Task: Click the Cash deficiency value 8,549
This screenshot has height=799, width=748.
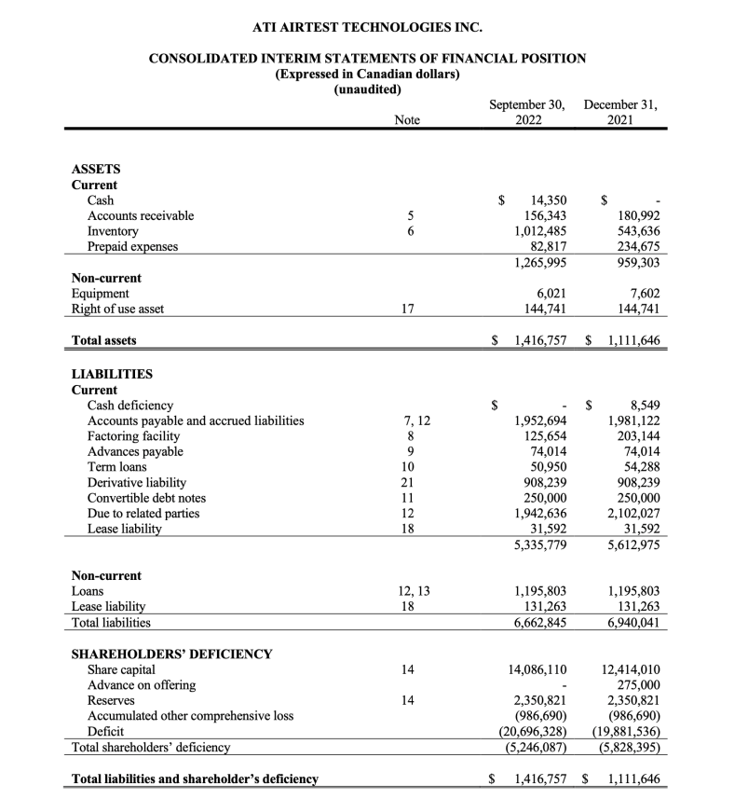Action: click(x=641, y=405)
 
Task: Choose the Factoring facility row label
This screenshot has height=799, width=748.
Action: click(x=133, y=436)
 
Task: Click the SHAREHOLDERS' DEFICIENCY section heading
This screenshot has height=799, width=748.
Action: click(x=171, y=654)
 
